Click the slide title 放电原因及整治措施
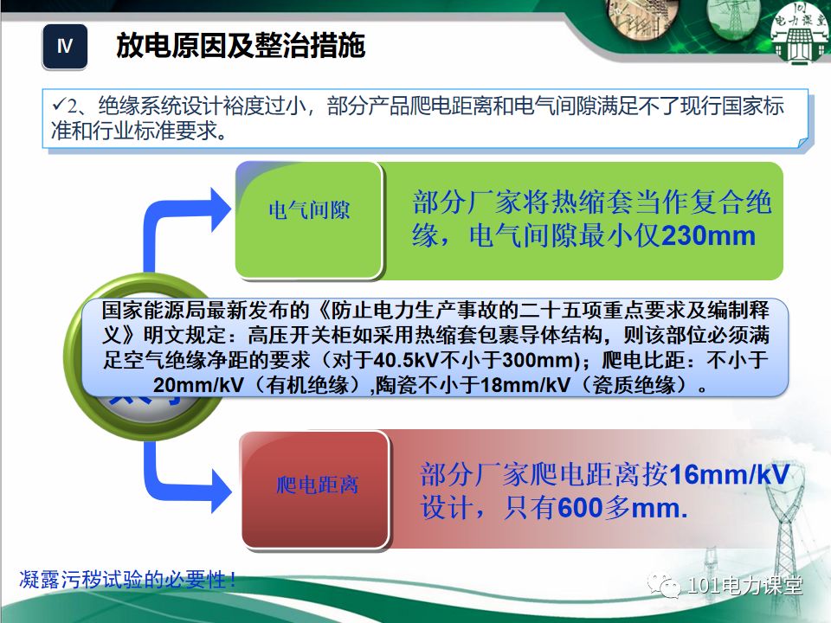[241, 47]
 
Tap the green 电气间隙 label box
[309, 210]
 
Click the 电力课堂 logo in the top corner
[794, 35]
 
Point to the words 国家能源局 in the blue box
[145, 311]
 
